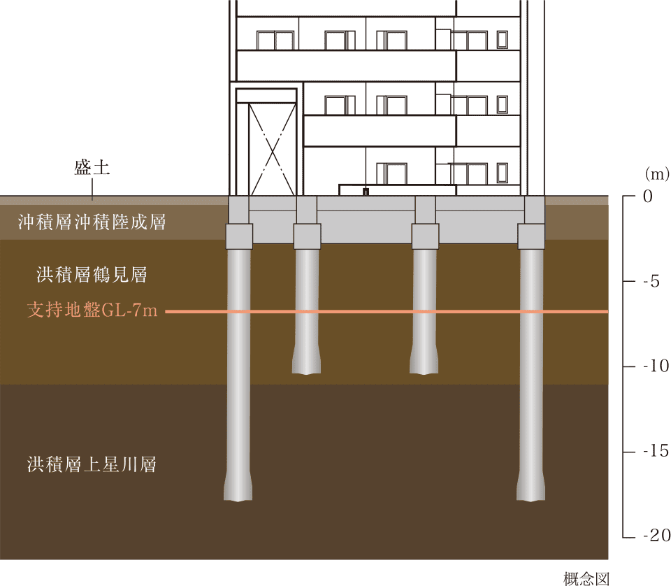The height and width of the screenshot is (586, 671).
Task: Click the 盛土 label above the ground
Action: (x=92, y=167)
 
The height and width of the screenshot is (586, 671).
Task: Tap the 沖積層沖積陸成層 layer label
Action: (x=92, y=222)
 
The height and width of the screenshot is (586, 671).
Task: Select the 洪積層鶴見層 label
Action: (x=92, y=274)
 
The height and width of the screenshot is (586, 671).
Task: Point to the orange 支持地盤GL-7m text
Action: (x=92, y=310)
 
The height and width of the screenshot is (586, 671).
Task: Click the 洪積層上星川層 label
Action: (x=92, y=464)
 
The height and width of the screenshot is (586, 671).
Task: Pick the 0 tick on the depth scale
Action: (x=648, y=196)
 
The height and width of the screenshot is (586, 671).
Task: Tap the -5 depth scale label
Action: (x=651, y=281)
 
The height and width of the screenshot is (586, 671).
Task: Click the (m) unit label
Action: (x=657, y=174)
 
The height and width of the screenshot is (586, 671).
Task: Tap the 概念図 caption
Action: (x=586, y=579)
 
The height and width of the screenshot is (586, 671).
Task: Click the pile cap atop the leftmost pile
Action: (x=239, y=236)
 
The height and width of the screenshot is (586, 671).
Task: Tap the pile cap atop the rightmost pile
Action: (x=531, y=236)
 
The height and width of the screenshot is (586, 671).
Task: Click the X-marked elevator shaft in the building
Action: (x=272, y=150)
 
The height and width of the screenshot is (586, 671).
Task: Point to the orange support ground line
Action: (x=387, y=312)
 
